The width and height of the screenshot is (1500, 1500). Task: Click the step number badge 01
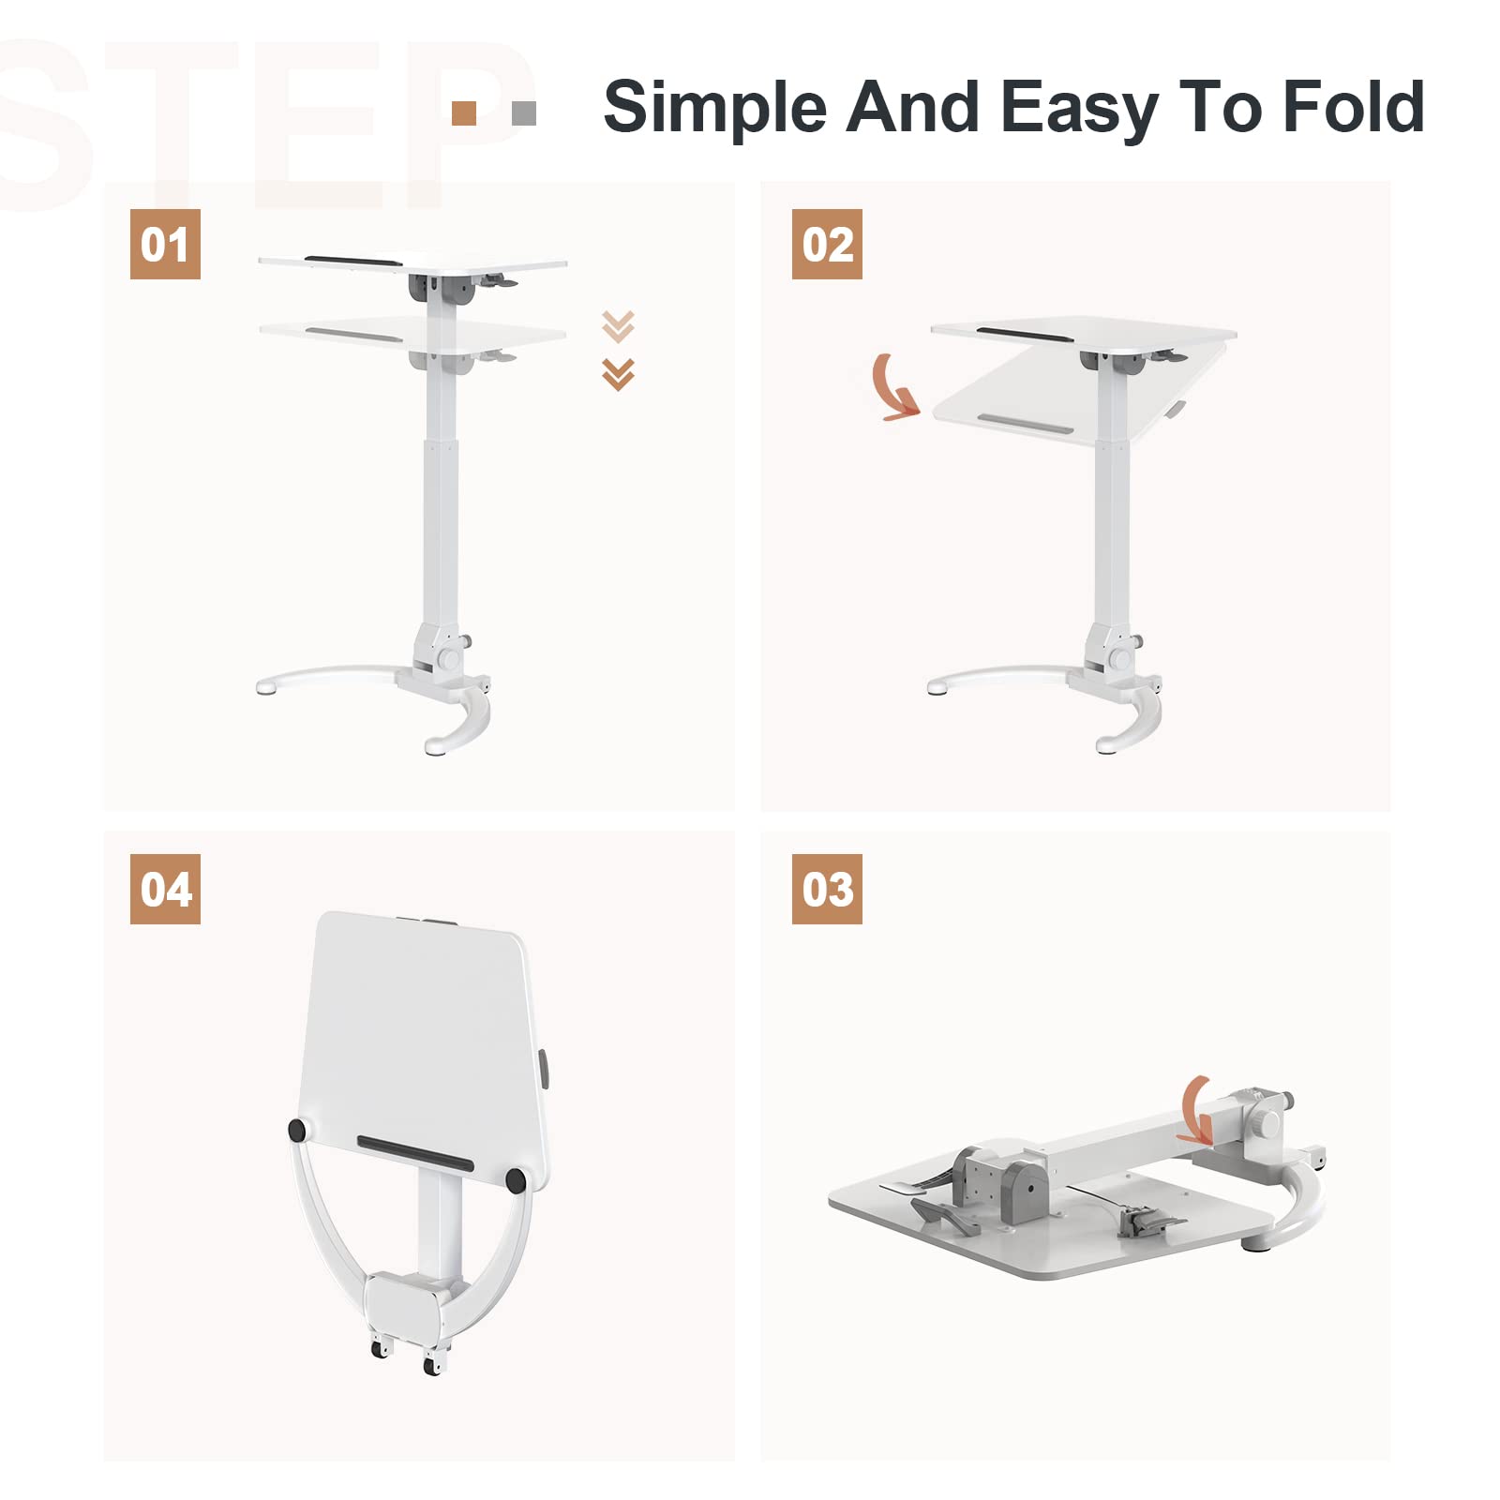pos(165,244)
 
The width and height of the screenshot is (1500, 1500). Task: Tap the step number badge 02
pos(827,244)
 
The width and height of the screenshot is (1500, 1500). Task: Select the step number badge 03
pos(827,889)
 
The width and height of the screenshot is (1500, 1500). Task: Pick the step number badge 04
pos(165,889)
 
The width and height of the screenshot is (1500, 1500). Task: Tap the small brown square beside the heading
pos(464,113)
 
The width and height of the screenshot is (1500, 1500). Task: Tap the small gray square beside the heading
pos(524,113)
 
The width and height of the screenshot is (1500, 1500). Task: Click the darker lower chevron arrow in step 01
pos(618,374)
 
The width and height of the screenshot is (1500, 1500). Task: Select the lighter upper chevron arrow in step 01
pos(618,325)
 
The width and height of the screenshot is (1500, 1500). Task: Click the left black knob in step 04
pos(297,1130)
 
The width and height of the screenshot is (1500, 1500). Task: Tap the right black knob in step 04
pos(515,1179)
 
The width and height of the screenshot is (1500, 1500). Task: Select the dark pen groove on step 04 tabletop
pos(415,1153)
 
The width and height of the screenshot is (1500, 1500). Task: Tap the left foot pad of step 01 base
pos(265,688)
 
